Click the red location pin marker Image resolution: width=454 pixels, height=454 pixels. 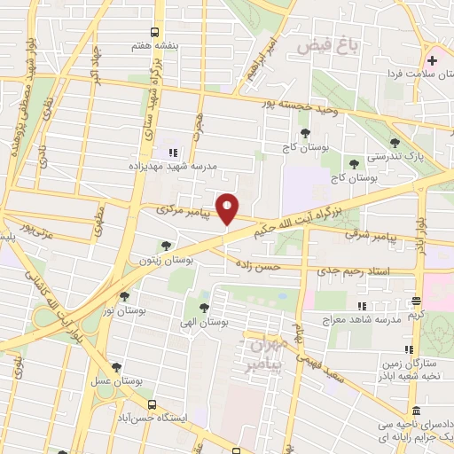[228, 208]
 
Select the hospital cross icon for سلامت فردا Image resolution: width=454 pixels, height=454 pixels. [432, 61]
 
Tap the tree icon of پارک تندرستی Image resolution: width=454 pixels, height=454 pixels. [395, 143]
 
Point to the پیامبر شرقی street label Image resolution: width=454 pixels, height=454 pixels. [391, 238]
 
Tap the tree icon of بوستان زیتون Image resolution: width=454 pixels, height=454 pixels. [166, 246]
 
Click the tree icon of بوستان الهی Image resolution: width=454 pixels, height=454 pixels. [204, 308]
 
